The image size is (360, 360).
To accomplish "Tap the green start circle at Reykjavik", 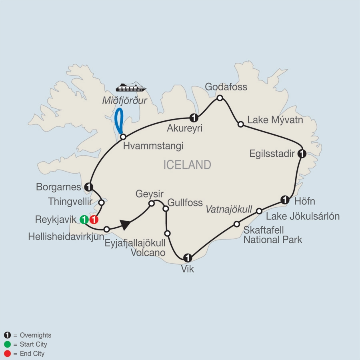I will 84,219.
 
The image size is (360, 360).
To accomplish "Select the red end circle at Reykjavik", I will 94,219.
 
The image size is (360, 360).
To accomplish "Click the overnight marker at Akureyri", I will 194,118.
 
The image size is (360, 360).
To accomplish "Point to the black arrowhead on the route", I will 126,226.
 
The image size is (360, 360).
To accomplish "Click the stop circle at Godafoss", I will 220,98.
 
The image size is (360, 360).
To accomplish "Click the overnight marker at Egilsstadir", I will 302,153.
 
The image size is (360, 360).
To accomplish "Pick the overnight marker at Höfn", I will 284,200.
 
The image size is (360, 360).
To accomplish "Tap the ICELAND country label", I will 187,165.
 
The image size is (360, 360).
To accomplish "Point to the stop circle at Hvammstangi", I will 123,136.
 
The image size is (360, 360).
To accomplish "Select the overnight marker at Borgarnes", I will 89,186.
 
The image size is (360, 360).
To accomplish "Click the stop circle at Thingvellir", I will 101,203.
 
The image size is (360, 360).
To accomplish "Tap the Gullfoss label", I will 185,202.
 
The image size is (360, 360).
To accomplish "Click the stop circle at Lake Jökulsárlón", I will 259,211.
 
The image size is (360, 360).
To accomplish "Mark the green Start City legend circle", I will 7,344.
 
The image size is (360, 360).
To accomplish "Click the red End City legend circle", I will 7,354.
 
